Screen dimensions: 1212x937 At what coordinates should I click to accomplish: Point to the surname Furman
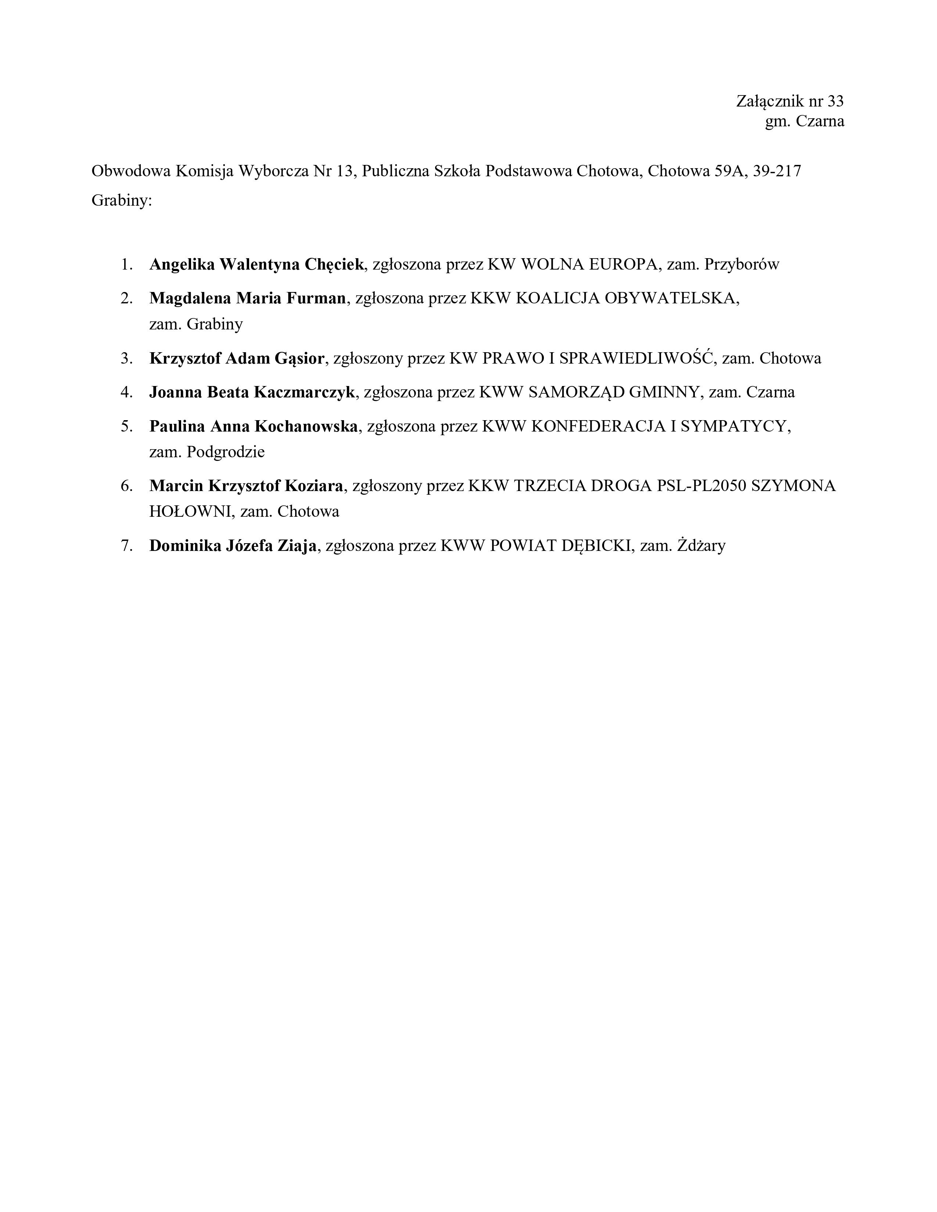316,299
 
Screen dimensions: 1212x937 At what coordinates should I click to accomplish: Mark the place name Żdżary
701,546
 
